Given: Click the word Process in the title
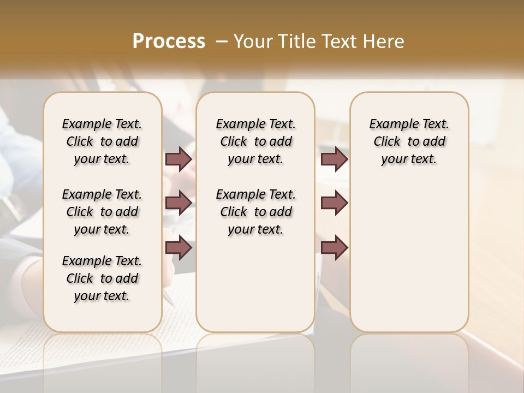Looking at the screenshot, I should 169,41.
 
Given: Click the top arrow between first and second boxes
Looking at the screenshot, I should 178,159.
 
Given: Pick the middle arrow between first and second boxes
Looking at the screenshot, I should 178,203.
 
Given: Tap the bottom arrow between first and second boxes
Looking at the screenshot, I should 178,247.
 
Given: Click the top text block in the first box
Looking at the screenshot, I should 102,141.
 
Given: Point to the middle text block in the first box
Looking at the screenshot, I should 102,212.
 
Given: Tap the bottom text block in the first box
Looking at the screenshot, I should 102,278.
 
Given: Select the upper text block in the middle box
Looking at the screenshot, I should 255,141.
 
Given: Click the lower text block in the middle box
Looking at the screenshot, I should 255,212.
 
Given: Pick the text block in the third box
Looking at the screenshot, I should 409,141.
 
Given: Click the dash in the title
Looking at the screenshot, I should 222,41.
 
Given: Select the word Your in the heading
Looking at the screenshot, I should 253,41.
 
